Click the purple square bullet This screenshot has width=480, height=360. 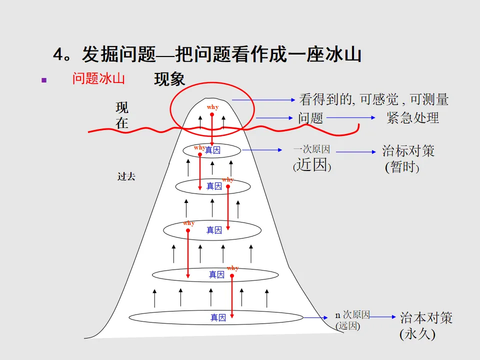pos(43,80)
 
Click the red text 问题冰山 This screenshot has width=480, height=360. pos(98,78)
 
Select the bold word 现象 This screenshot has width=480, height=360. pos(169,79)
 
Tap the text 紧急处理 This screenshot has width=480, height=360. pos(412,118)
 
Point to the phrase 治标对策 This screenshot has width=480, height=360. pos(408,151)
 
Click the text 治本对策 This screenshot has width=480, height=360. pos(426,317)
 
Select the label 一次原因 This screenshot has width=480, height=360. pos(311,149)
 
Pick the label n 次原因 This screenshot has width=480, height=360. pos(352,315)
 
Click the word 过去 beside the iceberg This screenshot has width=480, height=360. pos(126,176)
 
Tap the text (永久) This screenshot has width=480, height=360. pos(417,334)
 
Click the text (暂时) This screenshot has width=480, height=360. pos(402,167)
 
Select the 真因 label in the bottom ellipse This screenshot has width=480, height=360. pos(218,317)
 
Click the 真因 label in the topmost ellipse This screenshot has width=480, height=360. pos(212,150)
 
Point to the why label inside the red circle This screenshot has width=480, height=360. pos(212,107)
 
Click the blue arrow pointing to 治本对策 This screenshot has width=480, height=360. pos(383,317)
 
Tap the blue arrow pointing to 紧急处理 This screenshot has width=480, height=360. pos(350,118)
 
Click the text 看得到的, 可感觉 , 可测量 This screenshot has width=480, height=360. pos(373,99)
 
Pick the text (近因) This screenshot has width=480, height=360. pos(312,165)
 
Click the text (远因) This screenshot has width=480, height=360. pos(348,326)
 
